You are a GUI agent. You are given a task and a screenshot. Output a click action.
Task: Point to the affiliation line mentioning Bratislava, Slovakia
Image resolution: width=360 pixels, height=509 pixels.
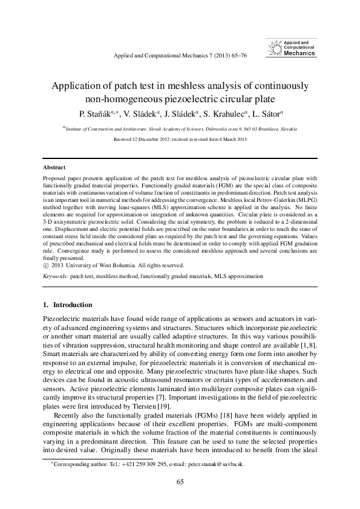[180, 129]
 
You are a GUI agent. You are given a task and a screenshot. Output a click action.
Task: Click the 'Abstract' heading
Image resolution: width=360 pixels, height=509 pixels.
[54, 167]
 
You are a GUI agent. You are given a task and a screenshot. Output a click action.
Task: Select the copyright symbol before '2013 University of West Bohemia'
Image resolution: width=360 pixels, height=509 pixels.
[46, 265]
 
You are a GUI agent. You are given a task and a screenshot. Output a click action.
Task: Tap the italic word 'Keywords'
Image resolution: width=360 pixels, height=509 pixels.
[55, 276]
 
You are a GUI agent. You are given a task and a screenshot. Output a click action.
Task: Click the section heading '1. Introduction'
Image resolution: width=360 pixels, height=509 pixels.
[67, 305]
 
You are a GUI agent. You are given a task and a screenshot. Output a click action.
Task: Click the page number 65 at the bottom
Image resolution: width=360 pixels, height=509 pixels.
[180, 482]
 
